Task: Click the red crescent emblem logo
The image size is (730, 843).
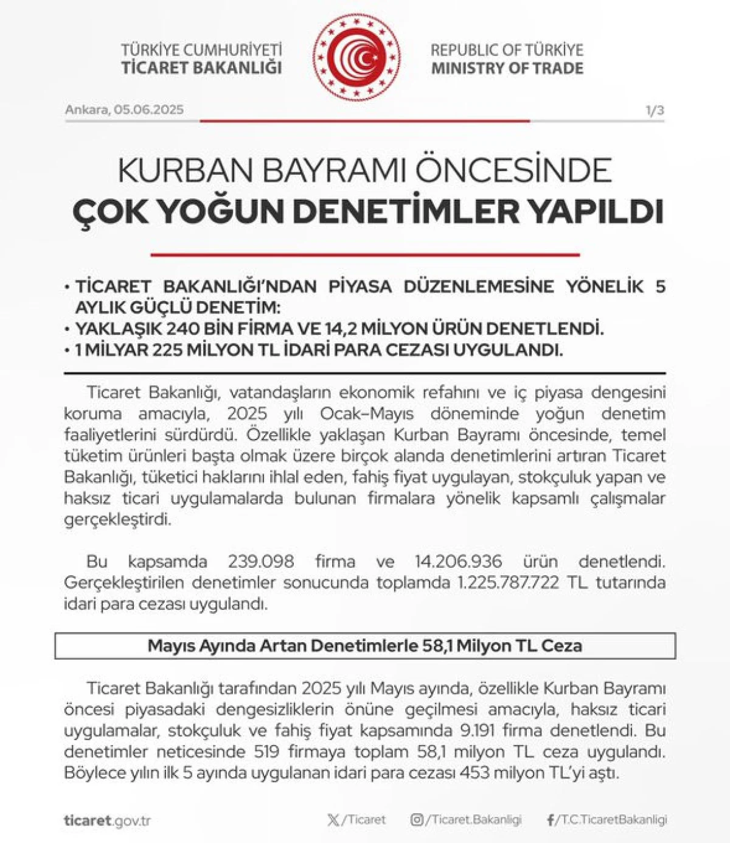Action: tap(356, 58)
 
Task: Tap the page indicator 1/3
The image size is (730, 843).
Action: tap(655, 110)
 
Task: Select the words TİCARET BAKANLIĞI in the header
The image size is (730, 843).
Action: tap(201, 68)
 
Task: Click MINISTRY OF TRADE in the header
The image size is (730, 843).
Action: tap(507, 68)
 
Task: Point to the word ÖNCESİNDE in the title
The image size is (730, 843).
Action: tap(523, 171)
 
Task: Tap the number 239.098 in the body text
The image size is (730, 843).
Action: tap(261, 561)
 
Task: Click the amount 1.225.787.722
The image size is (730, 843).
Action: tap(508, 582)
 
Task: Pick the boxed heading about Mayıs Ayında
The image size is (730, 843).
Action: tap(365, 646)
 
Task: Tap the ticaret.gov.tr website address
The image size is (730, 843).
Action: tap(107, 820)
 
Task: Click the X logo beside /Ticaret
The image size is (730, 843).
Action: tap(333, 820)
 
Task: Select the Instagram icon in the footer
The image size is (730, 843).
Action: tap(417, 820)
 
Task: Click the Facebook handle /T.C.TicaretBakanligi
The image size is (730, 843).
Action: tap(611, 820)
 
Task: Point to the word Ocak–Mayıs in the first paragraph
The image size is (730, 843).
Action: tap(367, 414)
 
